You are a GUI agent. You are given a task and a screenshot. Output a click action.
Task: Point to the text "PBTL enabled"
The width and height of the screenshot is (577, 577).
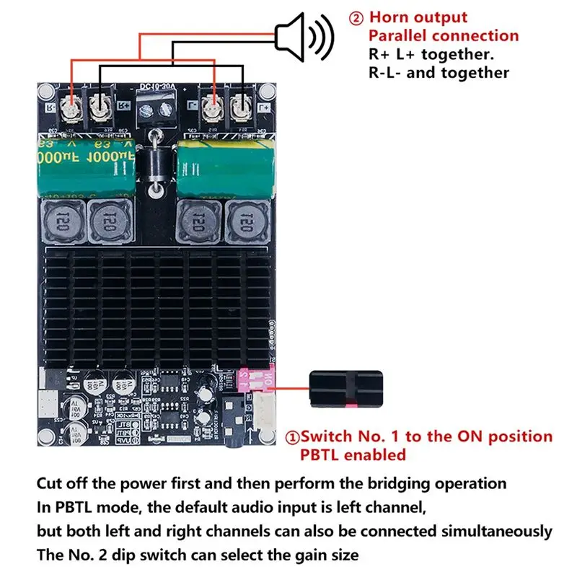point(353,454)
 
